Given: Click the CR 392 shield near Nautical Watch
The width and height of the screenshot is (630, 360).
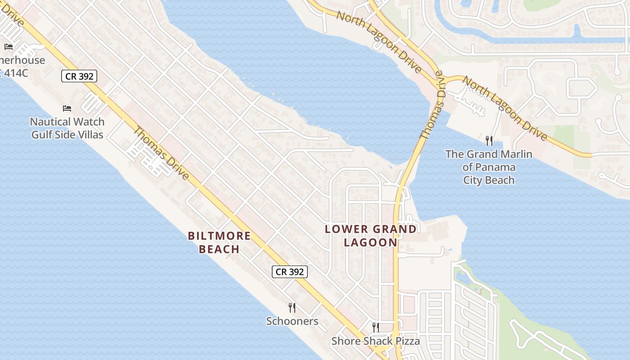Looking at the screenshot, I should [x=79, y=76].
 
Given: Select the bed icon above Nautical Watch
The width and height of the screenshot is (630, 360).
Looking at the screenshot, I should [x=67, y=108].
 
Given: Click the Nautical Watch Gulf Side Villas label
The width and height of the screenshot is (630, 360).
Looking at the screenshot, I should [x=67, y=128].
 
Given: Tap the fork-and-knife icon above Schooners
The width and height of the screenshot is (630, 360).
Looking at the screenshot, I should [x=292, y=308].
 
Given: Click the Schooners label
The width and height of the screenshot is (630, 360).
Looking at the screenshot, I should [x=292, y=321].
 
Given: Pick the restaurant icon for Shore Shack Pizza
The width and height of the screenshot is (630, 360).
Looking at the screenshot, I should [x=376, y=327].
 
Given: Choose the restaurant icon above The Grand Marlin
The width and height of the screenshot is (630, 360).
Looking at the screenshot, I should [x=489, y=141].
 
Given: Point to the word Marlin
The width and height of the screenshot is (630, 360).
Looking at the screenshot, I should [x=516, y=154].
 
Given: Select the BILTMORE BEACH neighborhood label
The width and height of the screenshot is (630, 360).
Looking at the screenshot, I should [x=219, y=242].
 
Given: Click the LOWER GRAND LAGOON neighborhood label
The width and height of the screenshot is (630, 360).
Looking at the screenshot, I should [x=371, y=235].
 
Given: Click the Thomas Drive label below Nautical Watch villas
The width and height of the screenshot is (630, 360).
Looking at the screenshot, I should [x=161, y=153].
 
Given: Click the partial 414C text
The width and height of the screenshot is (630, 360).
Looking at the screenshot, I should [x=15, y=72].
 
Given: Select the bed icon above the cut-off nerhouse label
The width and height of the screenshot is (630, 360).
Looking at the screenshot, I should [x=9, y=47].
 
